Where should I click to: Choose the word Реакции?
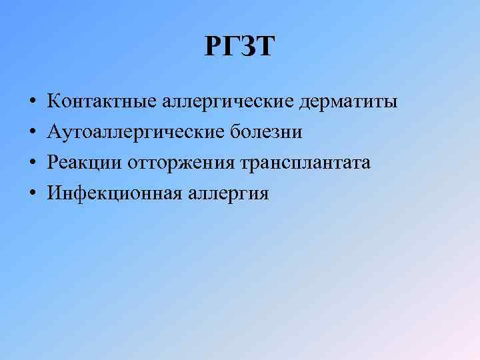[84, 163]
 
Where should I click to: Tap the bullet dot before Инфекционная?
[32, 194]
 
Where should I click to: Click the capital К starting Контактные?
[53, 102]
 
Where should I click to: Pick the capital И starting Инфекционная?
[54, 193]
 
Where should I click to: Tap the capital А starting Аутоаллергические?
[54, 133]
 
